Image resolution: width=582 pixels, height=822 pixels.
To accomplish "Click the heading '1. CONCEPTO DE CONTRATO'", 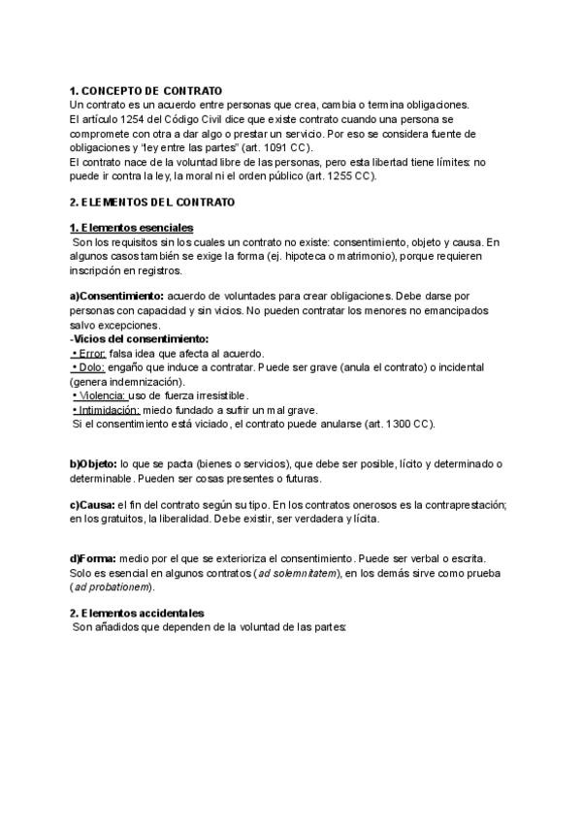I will pyautogui.click(x=145, y=90).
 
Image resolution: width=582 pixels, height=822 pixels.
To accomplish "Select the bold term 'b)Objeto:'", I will pyautogui.click(x=94, y=465).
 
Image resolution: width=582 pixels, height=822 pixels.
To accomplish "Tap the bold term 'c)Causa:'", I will pyautogui.click(x=92, y=506).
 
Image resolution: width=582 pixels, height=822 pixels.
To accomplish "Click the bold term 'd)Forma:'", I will pyautogui.click(x=93, y=558).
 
